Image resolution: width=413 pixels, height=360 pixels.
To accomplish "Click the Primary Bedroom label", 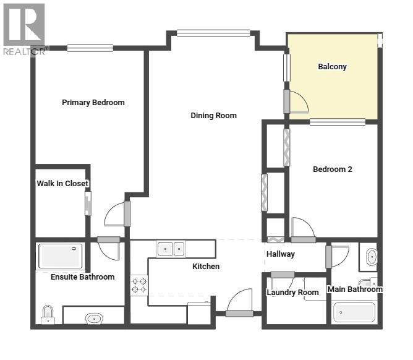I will [93, 103].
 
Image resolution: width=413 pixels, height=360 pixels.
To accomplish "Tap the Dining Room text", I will [213, 116].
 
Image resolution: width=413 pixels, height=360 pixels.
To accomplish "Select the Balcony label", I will [332, 67].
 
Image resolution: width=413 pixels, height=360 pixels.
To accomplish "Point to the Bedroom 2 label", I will [332, 169].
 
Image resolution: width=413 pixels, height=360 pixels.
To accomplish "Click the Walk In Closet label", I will [62, 184].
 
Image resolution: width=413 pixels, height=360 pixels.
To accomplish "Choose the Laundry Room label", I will [292, 293].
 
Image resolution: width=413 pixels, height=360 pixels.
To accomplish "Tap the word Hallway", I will [280, 254].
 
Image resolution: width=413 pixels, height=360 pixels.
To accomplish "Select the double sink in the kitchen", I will [171, 249].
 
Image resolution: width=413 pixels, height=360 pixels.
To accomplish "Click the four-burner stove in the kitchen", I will [139, 285].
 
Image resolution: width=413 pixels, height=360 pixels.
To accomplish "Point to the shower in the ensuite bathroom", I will [60, 256].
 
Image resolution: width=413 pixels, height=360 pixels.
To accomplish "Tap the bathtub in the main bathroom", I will [354, 312].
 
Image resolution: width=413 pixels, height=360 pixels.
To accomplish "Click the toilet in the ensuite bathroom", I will [48, 315].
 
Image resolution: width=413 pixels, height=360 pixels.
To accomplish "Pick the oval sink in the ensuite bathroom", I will [93, 319].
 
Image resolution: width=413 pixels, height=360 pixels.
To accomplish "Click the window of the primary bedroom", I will [90, 48].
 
